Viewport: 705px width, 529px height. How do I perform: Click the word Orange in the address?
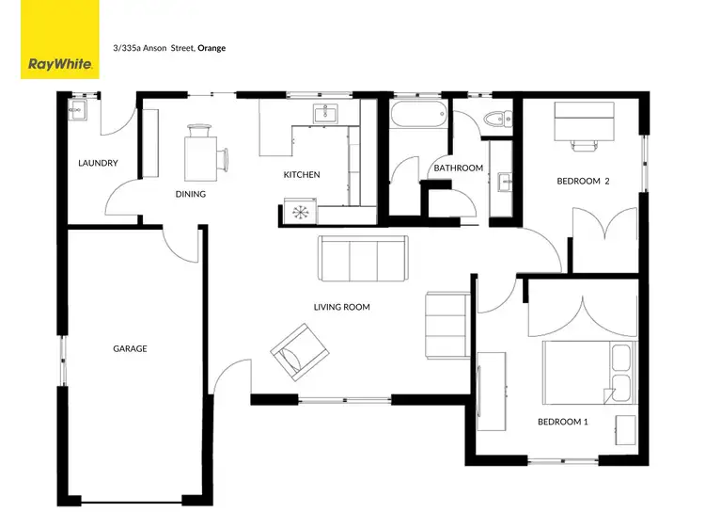pos(211,47)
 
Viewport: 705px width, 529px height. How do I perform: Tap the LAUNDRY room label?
pos(98,163)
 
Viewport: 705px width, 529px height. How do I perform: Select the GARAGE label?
pos(130,348)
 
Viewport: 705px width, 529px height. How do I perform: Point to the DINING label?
pos(190,194)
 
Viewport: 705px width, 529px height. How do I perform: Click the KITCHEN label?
pos(302,174)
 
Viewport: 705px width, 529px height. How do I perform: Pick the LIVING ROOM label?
pos(341,307)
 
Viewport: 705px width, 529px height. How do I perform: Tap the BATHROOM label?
pos(458,168)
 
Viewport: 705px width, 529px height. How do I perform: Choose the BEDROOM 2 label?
pos(583,181)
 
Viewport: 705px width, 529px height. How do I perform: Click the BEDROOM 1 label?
pos(562,422)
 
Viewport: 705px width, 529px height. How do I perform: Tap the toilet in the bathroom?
pos(495,118)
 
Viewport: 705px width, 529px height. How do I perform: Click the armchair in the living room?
pos(295,349)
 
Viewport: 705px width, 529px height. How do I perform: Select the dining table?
pos(199,152)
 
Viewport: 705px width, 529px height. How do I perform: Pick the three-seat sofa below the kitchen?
pos(364,258)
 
